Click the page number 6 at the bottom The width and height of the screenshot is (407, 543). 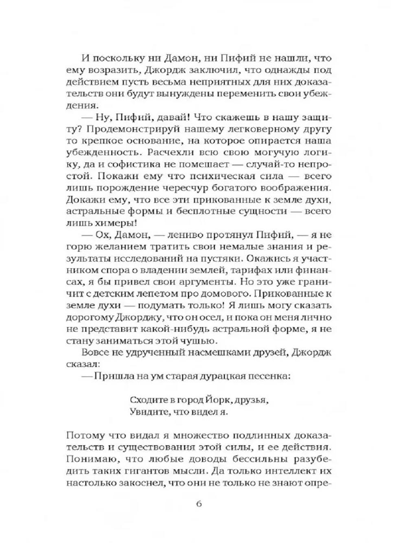pos(199,503)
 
